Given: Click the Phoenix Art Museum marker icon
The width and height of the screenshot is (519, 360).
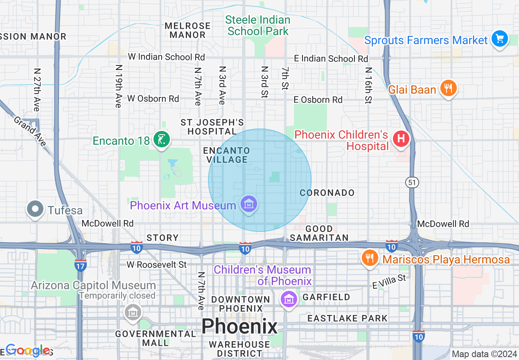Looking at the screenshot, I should pyautogui.click(x=249, y=204).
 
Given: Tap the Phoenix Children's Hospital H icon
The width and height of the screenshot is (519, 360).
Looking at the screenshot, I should pyautogui.click(x=401, y=139).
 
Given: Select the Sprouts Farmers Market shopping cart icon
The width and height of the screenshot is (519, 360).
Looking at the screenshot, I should pyautogui.click(x=499, y=39).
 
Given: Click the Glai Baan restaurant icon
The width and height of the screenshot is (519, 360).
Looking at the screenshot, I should pyautogui.click(x=448, y=88).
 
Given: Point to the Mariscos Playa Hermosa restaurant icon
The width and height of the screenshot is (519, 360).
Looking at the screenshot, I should pyautogui.click(x=370, y=258).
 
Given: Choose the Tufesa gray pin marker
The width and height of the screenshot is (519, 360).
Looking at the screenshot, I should pyautogui.click(x=35, y=209).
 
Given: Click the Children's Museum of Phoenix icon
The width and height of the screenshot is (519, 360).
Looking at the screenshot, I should pyautogui.click(x=289, y=299).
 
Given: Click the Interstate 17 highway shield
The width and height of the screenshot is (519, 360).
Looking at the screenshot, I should pyautogui.click(x=81, y=265).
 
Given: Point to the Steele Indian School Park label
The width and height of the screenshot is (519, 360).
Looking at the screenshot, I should pyautogui.click(x=258, y=25).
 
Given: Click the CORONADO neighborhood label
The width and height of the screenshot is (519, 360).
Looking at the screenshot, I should pyautogui.click(x=327, y=193).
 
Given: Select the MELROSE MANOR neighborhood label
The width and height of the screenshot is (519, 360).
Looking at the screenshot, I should pyautogui.click(x=187, y=30).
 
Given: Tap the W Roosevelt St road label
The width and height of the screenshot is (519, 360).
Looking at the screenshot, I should pyautogui.click(x=156, y=265).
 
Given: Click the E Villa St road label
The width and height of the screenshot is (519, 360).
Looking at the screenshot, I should pyautogui.click(x=388, y=282).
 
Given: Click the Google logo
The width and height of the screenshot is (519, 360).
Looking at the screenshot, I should pyautogui.click(x=28, y=350).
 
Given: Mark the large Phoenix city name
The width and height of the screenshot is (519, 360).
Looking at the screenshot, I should pyautogui.click(x=239, y=326).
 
